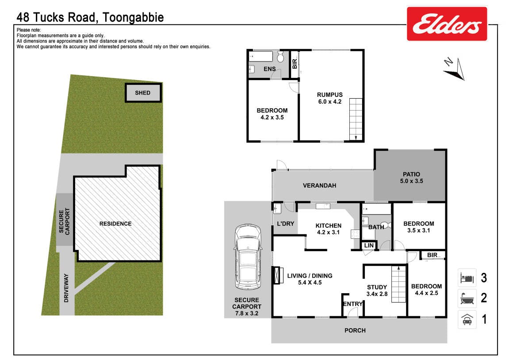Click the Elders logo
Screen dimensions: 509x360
click(447, 24)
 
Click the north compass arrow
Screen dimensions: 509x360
click(455, 69)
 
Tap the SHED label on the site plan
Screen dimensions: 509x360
click(143, 93)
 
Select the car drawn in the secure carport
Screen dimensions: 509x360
click(247, 257)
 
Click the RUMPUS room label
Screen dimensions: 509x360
click(330, 95)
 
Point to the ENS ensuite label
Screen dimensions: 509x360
click(270, 69)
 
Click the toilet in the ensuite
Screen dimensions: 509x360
click(280, 57)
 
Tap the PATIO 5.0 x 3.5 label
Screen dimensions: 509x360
click(411, 177)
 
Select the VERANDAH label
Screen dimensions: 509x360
click(319, 186)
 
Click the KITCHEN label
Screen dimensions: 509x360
click(329, 226)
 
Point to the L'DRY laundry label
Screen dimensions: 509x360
click(286, 224)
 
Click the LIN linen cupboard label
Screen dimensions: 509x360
click(369, 245)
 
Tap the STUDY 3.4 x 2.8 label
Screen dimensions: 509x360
click(377, 291)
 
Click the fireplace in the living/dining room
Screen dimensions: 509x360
click(276, 275)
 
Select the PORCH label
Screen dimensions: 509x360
click(355, 330)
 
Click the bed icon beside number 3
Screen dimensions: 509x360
click(467, 278)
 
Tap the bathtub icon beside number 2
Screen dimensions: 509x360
click(467, 299)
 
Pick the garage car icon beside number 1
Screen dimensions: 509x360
click(467, 319)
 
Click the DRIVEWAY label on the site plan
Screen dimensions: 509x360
click(66, 288)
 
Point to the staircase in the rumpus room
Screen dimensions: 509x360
click(356, 119)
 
